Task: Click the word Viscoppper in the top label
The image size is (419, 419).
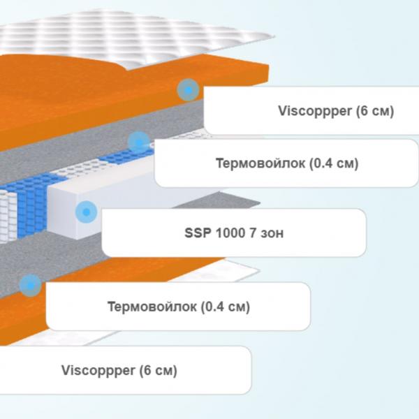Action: [x=315, y=111]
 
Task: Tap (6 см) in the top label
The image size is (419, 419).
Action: [x=375, y=111]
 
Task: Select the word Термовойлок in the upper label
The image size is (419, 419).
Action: [x=260, y=163]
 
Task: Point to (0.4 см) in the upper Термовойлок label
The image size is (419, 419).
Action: [x=334, y=163]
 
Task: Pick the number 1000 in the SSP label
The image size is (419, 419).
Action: [x=230, y=233]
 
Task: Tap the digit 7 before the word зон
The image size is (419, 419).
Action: [x=253, y=233]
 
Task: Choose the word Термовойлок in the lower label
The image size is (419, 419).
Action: [x=152, y=307]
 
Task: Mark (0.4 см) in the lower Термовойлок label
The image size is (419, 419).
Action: [x=226, y=307]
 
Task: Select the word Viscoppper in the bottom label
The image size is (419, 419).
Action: [x=98, y=370]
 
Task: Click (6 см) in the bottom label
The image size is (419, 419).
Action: [x=159, y=370]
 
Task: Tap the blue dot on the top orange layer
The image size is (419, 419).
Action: [x=188, y=90]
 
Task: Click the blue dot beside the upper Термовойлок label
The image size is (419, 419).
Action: [x=139, y=142]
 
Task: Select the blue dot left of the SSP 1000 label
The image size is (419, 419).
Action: [x=87, y=212]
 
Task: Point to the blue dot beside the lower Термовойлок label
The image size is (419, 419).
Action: [x=31, y=286]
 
